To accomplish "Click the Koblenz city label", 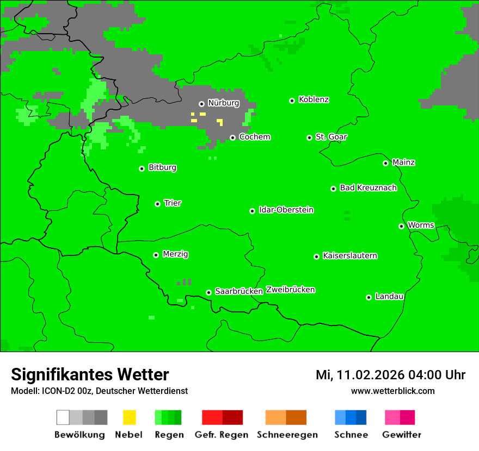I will click(314, 99).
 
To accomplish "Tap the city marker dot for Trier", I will click(157, 204).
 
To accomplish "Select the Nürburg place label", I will click(223, 103).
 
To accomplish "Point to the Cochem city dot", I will click(232, 137).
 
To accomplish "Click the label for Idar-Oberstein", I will click(286, 210).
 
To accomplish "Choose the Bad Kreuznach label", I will click(368, 187).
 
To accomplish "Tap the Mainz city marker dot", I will click(385, 163).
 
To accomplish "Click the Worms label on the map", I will click(421, 225).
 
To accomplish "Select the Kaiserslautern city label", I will click(349, 255).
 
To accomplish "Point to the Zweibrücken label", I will click(290, 290).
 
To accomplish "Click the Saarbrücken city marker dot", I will click(208, 292).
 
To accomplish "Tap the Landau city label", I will click(389, 296).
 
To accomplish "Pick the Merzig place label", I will click(175, 254).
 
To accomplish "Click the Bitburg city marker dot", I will click(142, 168).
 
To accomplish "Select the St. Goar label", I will click(331, 137).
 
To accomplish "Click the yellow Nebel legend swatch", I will click(129, 417).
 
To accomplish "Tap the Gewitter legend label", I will click(401, 435).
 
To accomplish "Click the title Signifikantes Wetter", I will click(90, 374).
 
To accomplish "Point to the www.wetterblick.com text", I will click(392, 391).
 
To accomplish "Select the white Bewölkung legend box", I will click(63, 417).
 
